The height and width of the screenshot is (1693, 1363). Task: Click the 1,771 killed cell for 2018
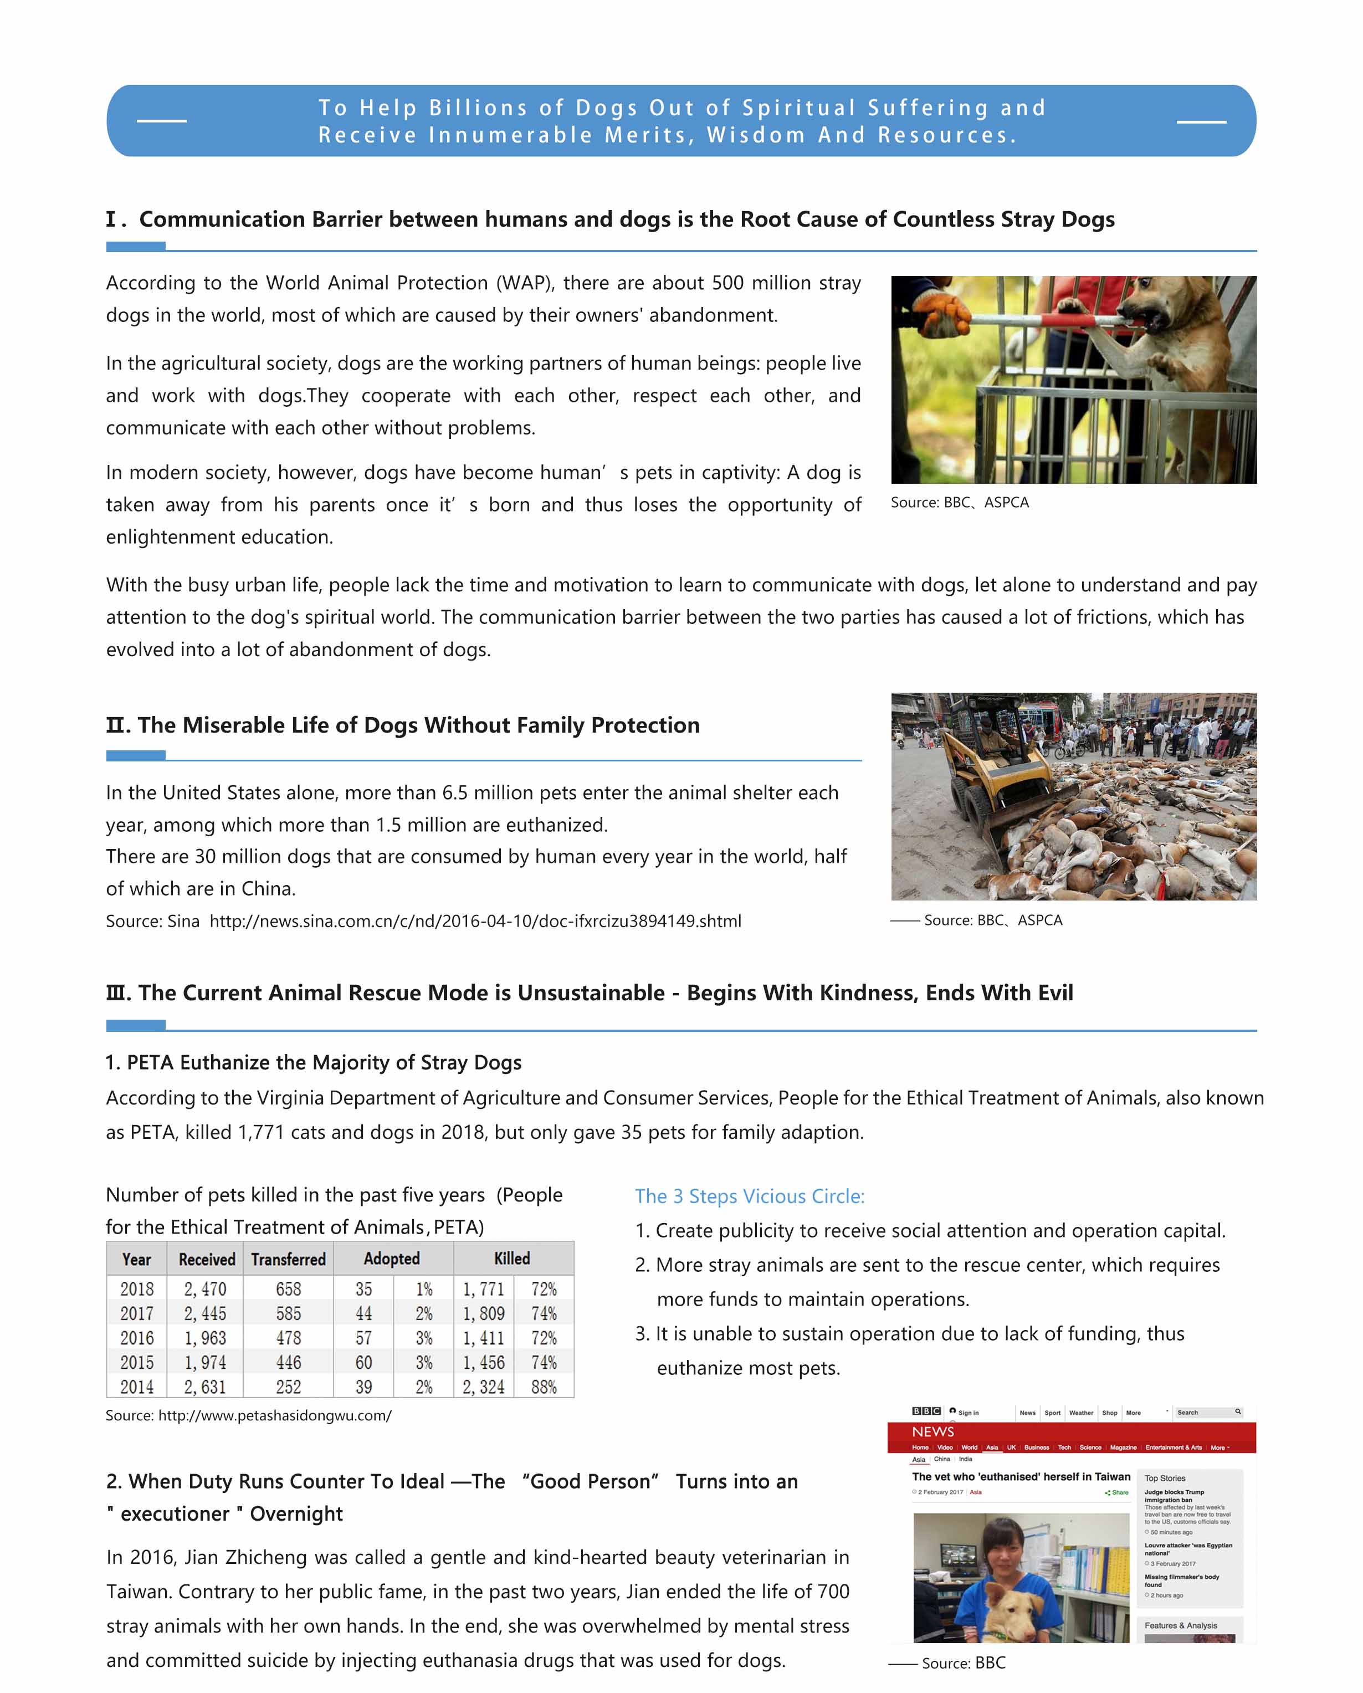[483, 1288]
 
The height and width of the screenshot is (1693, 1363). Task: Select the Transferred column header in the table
[288, 1259]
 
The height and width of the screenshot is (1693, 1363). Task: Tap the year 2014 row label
[137, 1387]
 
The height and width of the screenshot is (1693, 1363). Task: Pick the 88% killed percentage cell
[544, 1387]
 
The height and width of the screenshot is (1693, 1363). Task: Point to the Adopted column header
[392, 1259]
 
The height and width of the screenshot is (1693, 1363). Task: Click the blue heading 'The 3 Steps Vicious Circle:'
[749, 1196]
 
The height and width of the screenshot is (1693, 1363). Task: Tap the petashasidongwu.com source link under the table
[275, 1415]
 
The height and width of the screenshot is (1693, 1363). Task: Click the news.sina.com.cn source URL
[475, 921]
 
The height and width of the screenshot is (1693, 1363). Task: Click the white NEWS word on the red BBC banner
[932, 1431]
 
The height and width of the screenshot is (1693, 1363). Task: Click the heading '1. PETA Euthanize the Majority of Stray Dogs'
[313, 1062]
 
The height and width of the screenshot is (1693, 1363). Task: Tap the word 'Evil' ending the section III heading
[1054, 993]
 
